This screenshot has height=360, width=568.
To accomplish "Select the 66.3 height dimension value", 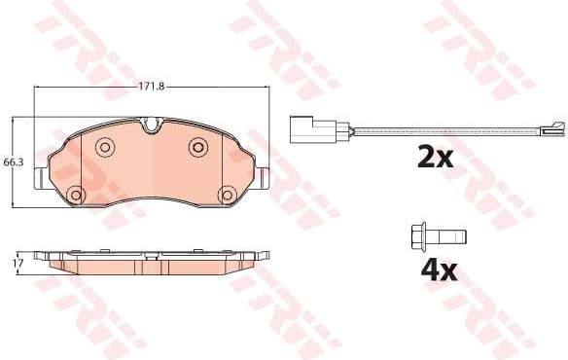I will (11, 161).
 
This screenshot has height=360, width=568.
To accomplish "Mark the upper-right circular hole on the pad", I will (197, 146).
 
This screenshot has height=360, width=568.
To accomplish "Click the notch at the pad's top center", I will (151, 125).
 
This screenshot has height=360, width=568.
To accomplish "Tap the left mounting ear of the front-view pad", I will (38, 177).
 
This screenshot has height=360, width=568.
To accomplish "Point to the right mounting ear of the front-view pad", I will (264, 177).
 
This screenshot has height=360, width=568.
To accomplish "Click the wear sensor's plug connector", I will (313, 130).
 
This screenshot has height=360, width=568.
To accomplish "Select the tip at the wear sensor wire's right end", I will (553, 126).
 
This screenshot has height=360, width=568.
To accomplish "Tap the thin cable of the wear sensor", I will (447, 129).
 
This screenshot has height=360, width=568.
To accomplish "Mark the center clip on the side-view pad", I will (151, 257).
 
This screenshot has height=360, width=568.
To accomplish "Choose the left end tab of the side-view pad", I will (41, 257).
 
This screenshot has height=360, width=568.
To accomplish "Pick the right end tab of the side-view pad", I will (261, 257).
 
